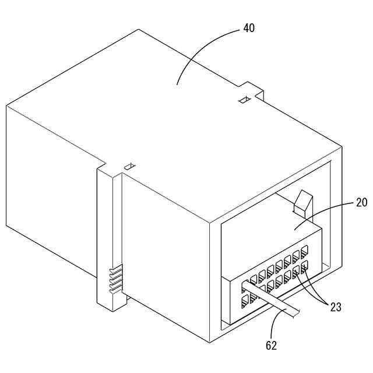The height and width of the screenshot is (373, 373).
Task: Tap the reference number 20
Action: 362,203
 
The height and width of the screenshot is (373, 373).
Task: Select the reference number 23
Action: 335,308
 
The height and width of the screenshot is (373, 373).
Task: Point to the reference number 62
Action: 271,346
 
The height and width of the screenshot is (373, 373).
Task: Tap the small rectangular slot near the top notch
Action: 245,100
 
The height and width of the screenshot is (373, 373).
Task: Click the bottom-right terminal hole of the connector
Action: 304,268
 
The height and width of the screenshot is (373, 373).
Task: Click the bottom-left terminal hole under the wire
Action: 245,301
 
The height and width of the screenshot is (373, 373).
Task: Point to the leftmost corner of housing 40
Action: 6,106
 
